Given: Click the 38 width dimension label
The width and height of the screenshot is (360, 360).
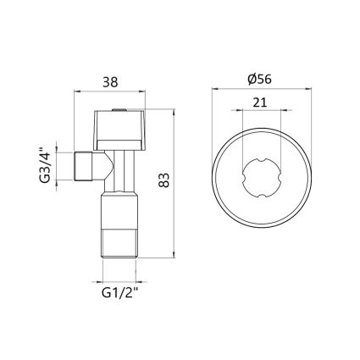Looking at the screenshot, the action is (x=110, y=82).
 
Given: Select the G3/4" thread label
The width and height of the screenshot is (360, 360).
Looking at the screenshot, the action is (x=45, y=166).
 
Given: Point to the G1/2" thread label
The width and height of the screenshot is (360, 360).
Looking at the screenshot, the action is (x=119, y=293).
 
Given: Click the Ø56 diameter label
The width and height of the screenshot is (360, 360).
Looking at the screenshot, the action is (x=259, y=80).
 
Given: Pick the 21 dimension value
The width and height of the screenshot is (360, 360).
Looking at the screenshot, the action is (x=260, y=102).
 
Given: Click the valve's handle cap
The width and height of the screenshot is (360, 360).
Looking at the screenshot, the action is (x=119, y=130).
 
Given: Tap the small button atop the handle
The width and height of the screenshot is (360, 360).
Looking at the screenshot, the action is (x=119, y=109).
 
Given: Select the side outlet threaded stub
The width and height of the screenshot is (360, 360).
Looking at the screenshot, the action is (x=83, y=166).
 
